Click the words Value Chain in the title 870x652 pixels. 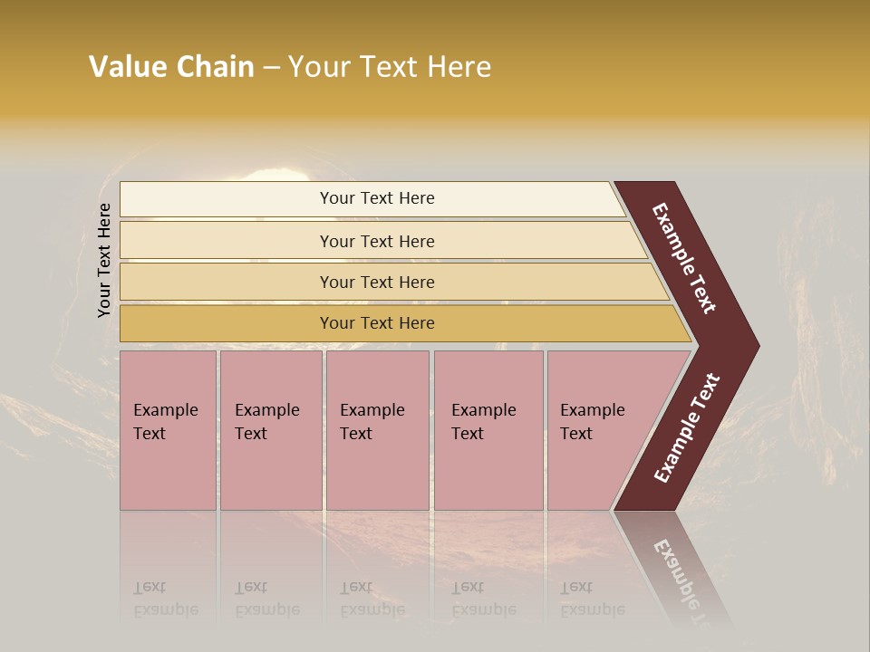(x=171, y=67)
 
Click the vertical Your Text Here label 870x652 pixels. (x=104, y=260)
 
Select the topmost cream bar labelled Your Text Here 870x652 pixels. (x=377, y=198)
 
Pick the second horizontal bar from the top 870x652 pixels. (x=377, y=241)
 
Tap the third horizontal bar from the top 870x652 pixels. (x=377, y=282)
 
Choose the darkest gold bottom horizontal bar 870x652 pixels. (x=377, y=323)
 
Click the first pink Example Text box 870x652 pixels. (x=168, y=430)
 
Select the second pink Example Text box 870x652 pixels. (x=271, y=430)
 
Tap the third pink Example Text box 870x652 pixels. (x=377, y=430)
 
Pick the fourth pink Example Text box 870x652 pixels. (x=488, y=430)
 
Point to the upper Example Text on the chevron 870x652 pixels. (x=684, y=258)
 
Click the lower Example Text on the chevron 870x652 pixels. (x=687, y=428)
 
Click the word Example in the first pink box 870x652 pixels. (x=165, y=410)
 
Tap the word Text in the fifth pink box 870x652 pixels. (x=575, y=434)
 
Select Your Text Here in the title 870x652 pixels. (x=390, y=67)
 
